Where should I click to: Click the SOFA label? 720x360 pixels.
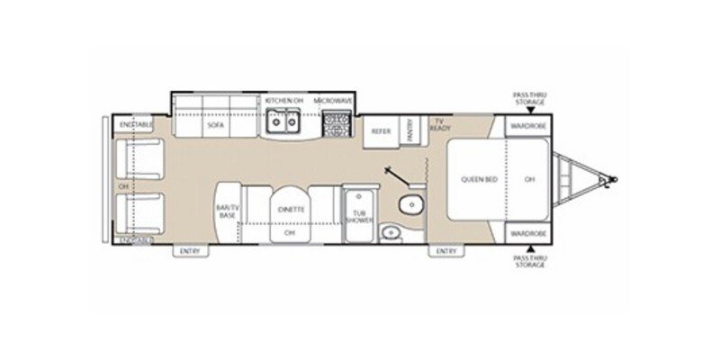click(215, 125)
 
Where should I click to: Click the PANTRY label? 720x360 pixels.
click(409, 130)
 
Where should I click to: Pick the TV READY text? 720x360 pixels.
click(440, 125)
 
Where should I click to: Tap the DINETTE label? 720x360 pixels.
click(291, 208)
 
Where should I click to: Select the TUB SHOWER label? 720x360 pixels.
click(358, 217)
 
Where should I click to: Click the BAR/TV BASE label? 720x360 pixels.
click(226, 211)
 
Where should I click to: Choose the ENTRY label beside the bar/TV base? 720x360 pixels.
click(188, 250)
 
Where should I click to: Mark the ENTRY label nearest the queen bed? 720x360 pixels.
click(447, 250)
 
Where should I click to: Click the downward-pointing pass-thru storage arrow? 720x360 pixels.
click(529, 110)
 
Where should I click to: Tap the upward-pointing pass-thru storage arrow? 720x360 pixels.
click(529, 248)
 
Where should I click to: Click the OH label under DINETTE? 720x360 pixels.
click(290, 233)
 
